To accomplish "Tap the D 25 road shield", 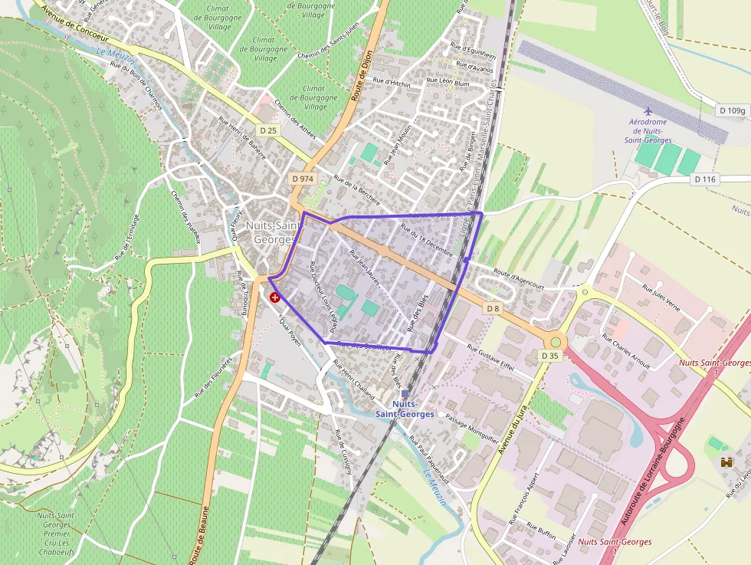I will pos(268,131).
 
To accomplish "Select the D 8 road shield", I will pos(493,308).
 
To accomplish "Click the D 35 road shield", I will pos(549,356).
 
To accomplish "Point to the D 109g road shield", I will pos(732,111).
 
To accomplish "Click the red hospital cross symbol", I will pos(275,297).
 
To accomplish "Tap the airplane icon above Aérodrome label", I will pos(648,110).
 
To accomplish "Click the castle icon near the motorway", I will pos(726,462).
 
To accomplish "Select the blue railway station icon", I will pos(405,393).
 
